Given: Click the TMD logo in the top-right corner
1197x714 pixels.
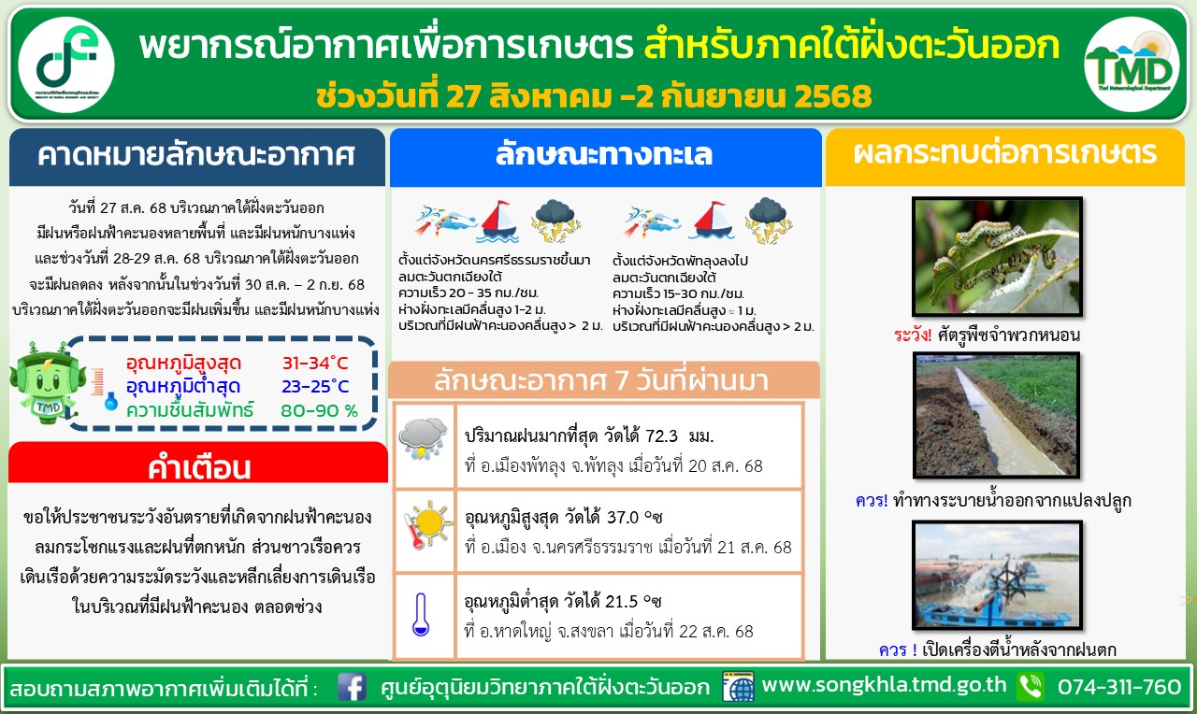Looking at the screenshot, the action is [x=1132, y=64].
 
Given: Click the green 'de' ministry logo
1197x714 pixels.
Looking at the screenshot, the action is [x=66, y=64].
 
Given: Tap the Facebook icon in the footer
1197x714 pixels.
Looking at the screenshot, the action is [x=352, y=687].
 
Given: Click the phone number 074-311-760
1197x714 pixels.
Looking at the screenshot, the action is [x=1119, y=687].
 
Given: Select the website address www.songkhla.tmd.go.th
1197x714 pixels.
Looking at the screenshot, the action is [x=884, y=685].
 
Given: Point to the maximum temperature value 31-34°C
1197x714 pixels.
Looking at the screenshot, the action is [x=315, y=364].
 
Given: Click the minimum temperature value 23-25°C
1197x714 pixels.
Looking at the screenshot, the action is [x=315, y=386].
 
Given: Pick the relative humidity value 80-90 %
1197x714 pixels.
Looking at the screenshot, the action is [x=319, y=410].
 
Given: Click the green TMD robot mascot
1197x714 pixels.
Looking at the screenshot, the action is [x=47, y=383].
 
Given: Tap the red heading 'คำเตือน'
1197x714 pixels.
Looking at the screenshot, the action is [x=199, y=467].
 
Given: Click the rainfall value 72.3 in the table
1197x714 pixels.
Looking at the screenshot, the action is [x=661, y=436].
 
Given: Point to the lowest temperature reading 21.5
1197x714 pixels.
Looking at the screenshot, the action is [x=622, y=602].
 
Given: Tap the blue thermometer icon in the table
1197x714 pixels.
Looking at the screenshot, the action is [x=421, y=614].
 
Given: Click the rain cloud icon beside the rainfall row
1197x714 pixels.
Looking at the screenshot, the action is [x=424, y=438].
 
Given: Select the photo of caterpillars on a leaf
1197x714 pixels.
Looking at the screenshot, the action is [x=997, y=257].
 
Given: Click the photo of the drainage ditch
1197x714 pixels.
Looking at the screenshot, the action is [x=997, y=415].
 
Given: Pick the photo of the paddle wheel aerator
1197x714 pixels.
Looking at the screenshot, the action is [x=997, y=575].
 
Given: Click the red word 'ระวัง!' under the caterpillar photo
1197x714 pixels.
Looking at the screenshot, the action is [x=912, y=336].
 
